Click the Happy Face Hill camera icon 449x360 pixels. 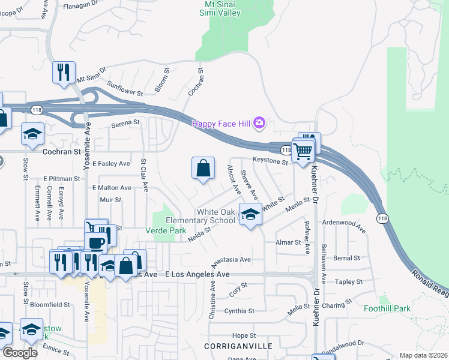click(x=259, y=124)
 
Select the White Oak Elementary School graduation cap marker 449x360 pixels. click(x=250, y=214)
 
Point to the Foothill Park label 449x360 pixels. click(x=388, y=308)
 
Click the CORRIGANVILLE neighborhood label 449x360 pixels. click(x=238, y=346)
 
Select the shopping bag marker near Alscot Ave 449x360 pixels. click(x=203, y=169)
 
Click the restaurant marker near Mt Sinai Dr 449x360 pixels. click(x=64, y=73)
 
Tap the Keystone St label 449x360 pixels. click(x=271, y=161)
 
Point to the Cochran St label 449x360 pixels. click(x=61, y=152)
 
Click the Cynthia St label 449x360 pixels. click(x=240, y=311)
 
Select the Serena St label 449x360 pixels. click(x=125, y=122)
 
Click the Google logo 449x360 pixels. click(x=20, y=353)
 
